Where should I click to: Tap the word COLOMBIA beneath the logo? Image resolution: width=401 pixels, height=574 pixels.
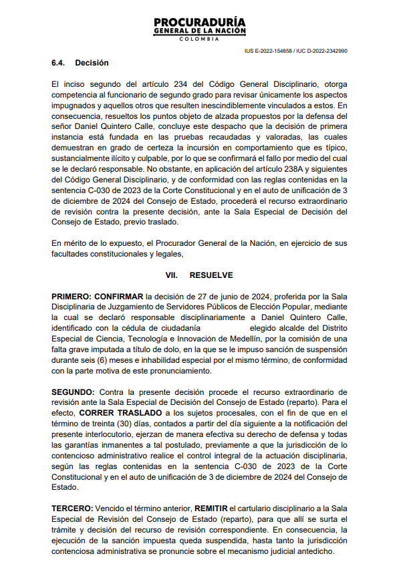(x=200, y=39)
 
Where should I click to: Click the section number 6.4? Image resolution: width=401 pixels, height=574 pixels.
(x=59, y=63)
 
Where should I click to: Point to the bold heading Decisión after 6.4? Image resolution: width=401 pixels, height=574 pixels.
(x=92, y=63)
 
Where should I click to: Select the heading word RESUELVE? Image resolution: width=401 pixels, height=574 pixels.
(x=211, y=275)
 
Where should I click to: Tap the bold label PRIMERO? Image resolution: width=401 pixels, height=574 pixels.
(x=72, y=296)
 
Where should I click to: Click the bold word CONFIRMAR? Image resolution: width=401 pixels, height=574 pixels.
(x=120, y=296)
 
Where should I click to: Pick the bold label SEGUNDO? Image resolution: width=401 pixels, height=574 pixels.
(x=73, y=392)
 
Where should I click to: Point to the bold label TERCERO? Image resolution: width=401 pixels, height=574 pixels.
(x=72, y=509)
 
